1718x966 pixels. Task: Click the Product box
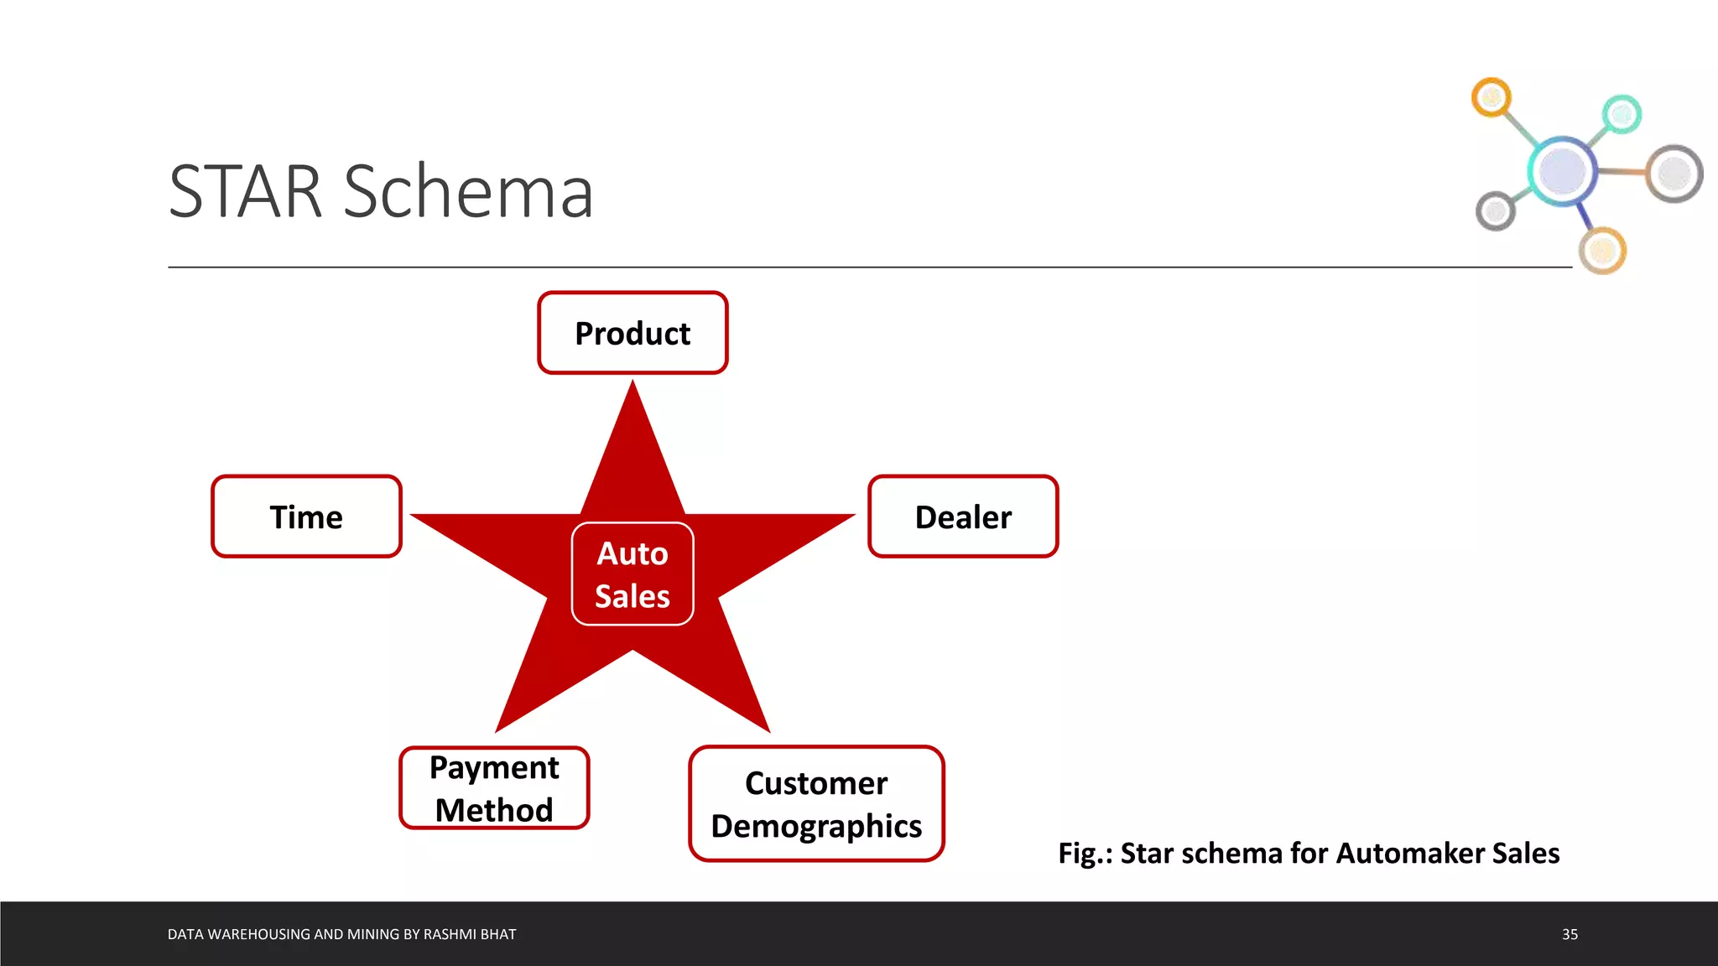pyautogui.click(x=633, y=333)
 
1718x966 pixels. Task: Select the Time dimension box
pyautogui.click(x=306, y=517)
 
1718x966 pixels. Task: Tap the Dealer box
pyautogui.click(x=963, y=517)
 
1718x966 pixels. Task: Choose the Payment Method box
pyautogui.click(x=494, y=788)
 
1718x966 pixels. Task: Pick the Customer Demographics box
pyautogui.click(x=816, y=803)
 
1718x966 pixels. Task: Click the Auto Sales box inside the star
pyautogui.click(x=633, y=574)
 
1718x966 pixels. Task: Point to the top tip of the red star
pyautogui.click(x=633, y=387)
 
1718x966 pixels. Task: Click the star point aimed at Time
pyautogui.click(x=419, y=517)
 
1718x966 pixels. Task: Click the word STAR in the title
pyautogui.click(x=245, y=192)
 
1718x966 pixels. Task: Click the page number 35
pyautogui.click(x=1570, y=934)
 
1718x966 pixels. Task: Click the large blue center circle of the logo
pyautogui.click(x=1562, y=170)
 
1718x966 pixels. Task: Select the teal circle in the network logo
pyautogui.click(x=1622, y=114)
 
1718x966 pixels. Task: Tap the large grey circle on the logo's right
pyautogui.click(x=1674, y=174)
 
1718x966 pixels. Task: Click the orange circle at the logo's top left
pyautogui.click(x=1492, y=98)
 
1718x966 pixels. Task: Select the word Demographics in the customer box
pyautogui.click(x=816, y=826)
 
